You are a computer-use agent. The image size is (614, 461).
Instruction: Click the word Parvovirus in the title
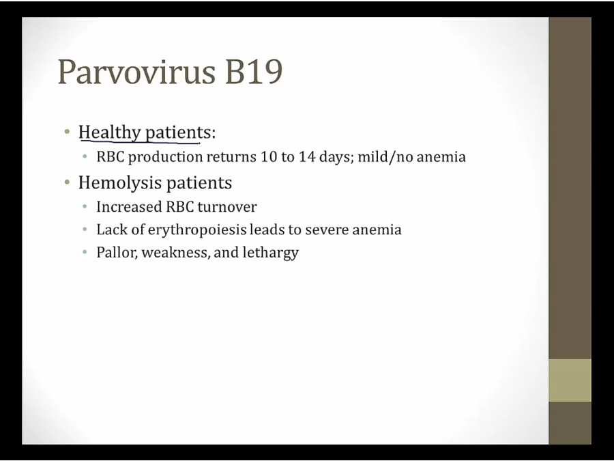tap(136, 71)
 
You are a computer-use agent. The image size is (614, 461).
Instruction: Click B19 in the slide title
tap(253, 71)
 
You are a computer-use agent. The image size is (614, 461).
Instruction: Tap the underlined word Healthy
tap(109, 132)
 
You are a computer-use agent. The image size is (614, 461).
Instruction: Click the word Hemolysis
tap(120, 183)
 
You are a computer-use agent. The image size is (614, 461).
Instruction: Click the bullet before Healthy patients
tap(68, 132)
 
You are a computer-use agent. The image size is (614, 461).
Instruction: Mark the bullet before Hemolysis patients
tap(68, 182)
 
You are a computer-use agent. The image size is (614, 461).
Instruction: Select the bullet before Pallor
tap(85, 251)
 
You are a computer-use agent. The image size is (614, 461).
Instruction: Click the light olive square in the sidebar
tap(570, 380)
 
